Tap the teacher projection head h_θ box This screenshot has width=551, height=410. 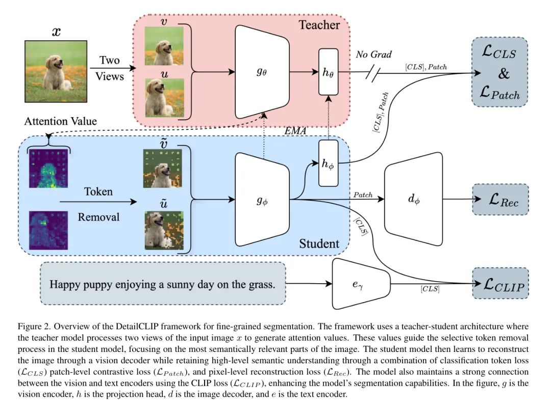[328, 72]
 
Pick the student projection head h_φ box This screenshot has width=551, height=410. [328, 163]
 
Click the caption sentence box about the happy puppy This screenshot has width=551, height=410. [162, 284]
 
